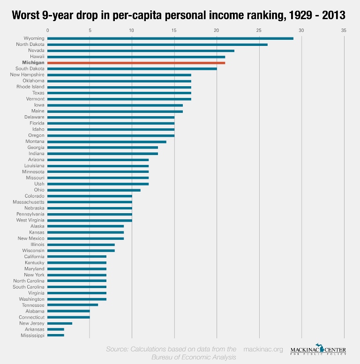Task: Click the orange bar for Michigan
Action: point(136,63)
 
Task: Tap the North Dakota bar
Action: point(157,45)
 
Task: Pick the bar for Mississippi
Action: point(56,335)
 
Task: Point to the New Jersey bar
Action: point(60,323)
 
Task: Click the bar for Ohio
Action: point(94,190)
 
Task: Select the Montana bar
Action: point(106,141)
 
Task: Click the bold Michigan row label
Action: point(33,63)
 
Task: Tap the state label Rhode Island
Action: point(30,87)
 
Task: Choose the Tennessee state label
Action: point(33,305)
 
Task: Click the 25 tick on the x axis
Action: point(259,30)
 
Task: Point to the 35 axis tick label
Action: point(344,30)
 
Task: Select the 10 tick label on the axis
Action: point(132,30)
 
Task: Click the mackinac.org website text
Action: point(263,349)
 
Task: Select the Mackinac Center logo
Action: point(318,350)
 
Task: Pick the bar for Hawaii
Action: point(136,57)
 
